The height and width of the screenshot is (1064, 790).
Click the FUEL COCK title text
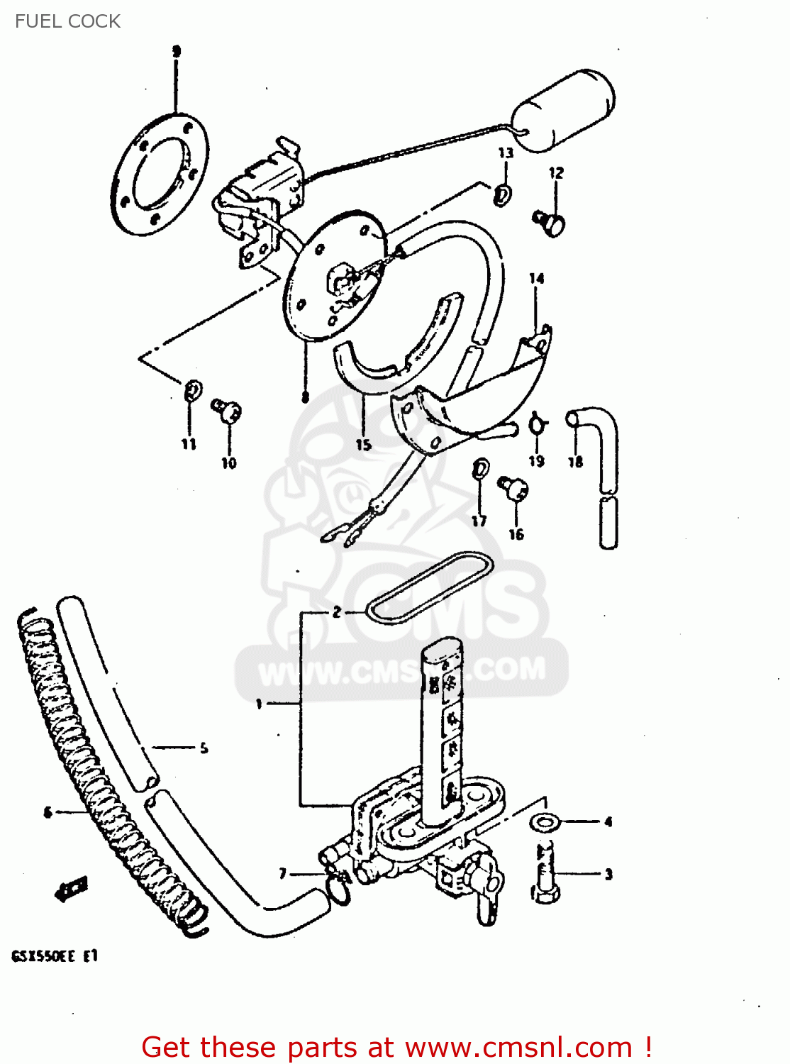coord(67,21)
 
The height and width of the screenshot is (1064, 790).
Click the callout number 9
coord(177,51)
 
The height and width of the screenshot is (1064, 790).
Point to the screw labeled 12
coord(550,223)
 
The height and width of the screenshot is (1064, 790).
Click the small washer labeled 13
coord(503,194)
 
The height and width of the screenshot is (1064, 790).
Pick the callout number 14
coord(536,279)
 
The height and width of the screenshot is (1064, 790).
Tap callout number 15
coord(364,445)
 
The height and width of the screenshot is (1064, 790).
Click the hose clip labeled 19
coord(538,424)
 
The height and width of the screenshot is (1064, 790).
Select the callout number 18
coord(575,462)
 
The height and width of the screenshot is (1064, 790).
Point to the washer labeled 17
coord(480,469)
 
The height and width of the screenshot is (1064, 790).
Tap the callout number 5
coord(204,748)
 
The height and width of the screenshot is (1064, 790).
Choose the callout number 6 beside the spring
coord(48,812)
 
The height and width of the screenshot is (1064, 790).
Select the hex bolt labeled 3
coord(545,872)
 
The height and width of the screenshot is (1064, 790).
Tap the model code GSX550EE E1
coord(55,956)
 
